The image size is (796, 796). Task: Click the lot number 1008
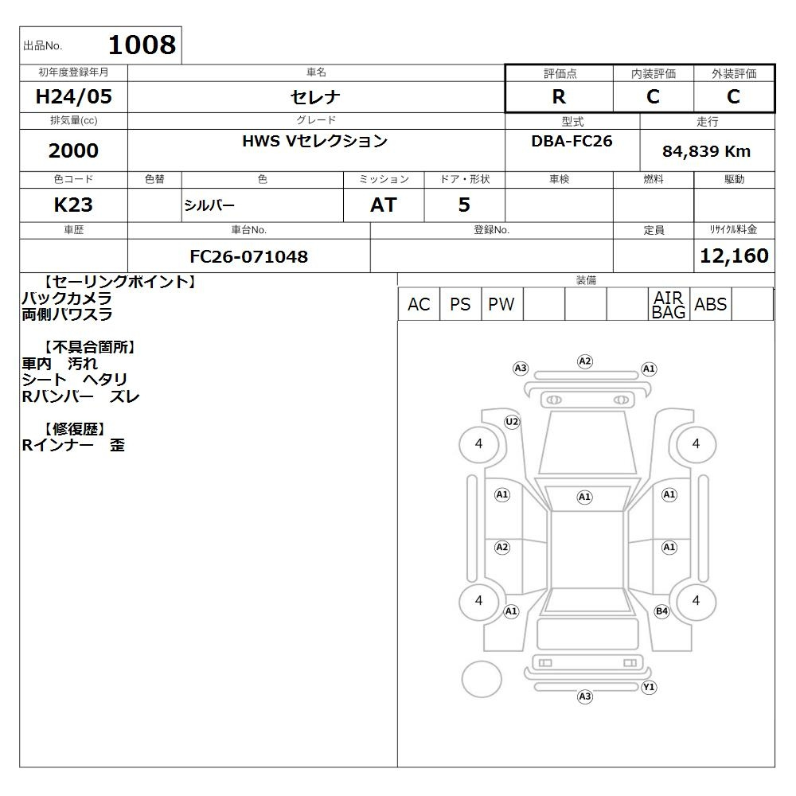point(142,45)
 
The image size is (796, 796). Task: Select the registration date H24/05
point(73,96)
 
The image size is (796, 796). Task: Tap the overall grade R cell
point(559,96)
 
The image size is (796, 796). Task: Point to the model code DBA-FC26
point(572,141)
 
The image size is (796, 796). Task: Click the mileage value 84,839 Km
point(706,151)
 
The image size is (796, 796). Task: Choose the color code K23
point(73,205)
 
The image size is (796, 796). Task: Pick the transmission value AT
point(384,205)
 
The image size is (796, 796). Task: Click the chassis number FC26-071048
point(248,256)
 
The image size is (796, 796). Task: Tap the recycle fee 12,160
point(734,256)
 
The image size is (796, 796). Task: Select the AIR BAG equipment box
point(669,304)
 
